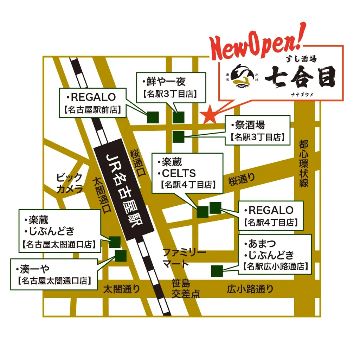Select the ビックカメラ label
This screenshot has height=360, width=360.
point(70,183)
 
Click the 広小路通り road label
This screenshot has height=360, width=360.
point(250,289)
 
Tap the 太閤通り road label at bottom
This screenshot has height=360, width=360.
point(121,289)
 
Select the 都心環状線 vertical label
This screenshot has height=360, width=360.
point(304,163)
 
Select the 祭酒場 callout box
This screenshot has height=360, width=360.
point(258,130)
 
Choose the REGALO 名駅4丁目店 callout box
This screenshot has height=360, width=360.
point(270,215)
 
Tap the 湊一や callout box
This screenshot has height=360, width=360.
point(54,274)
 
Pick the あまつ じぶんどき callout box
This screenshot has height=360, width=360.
point(275,254)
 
